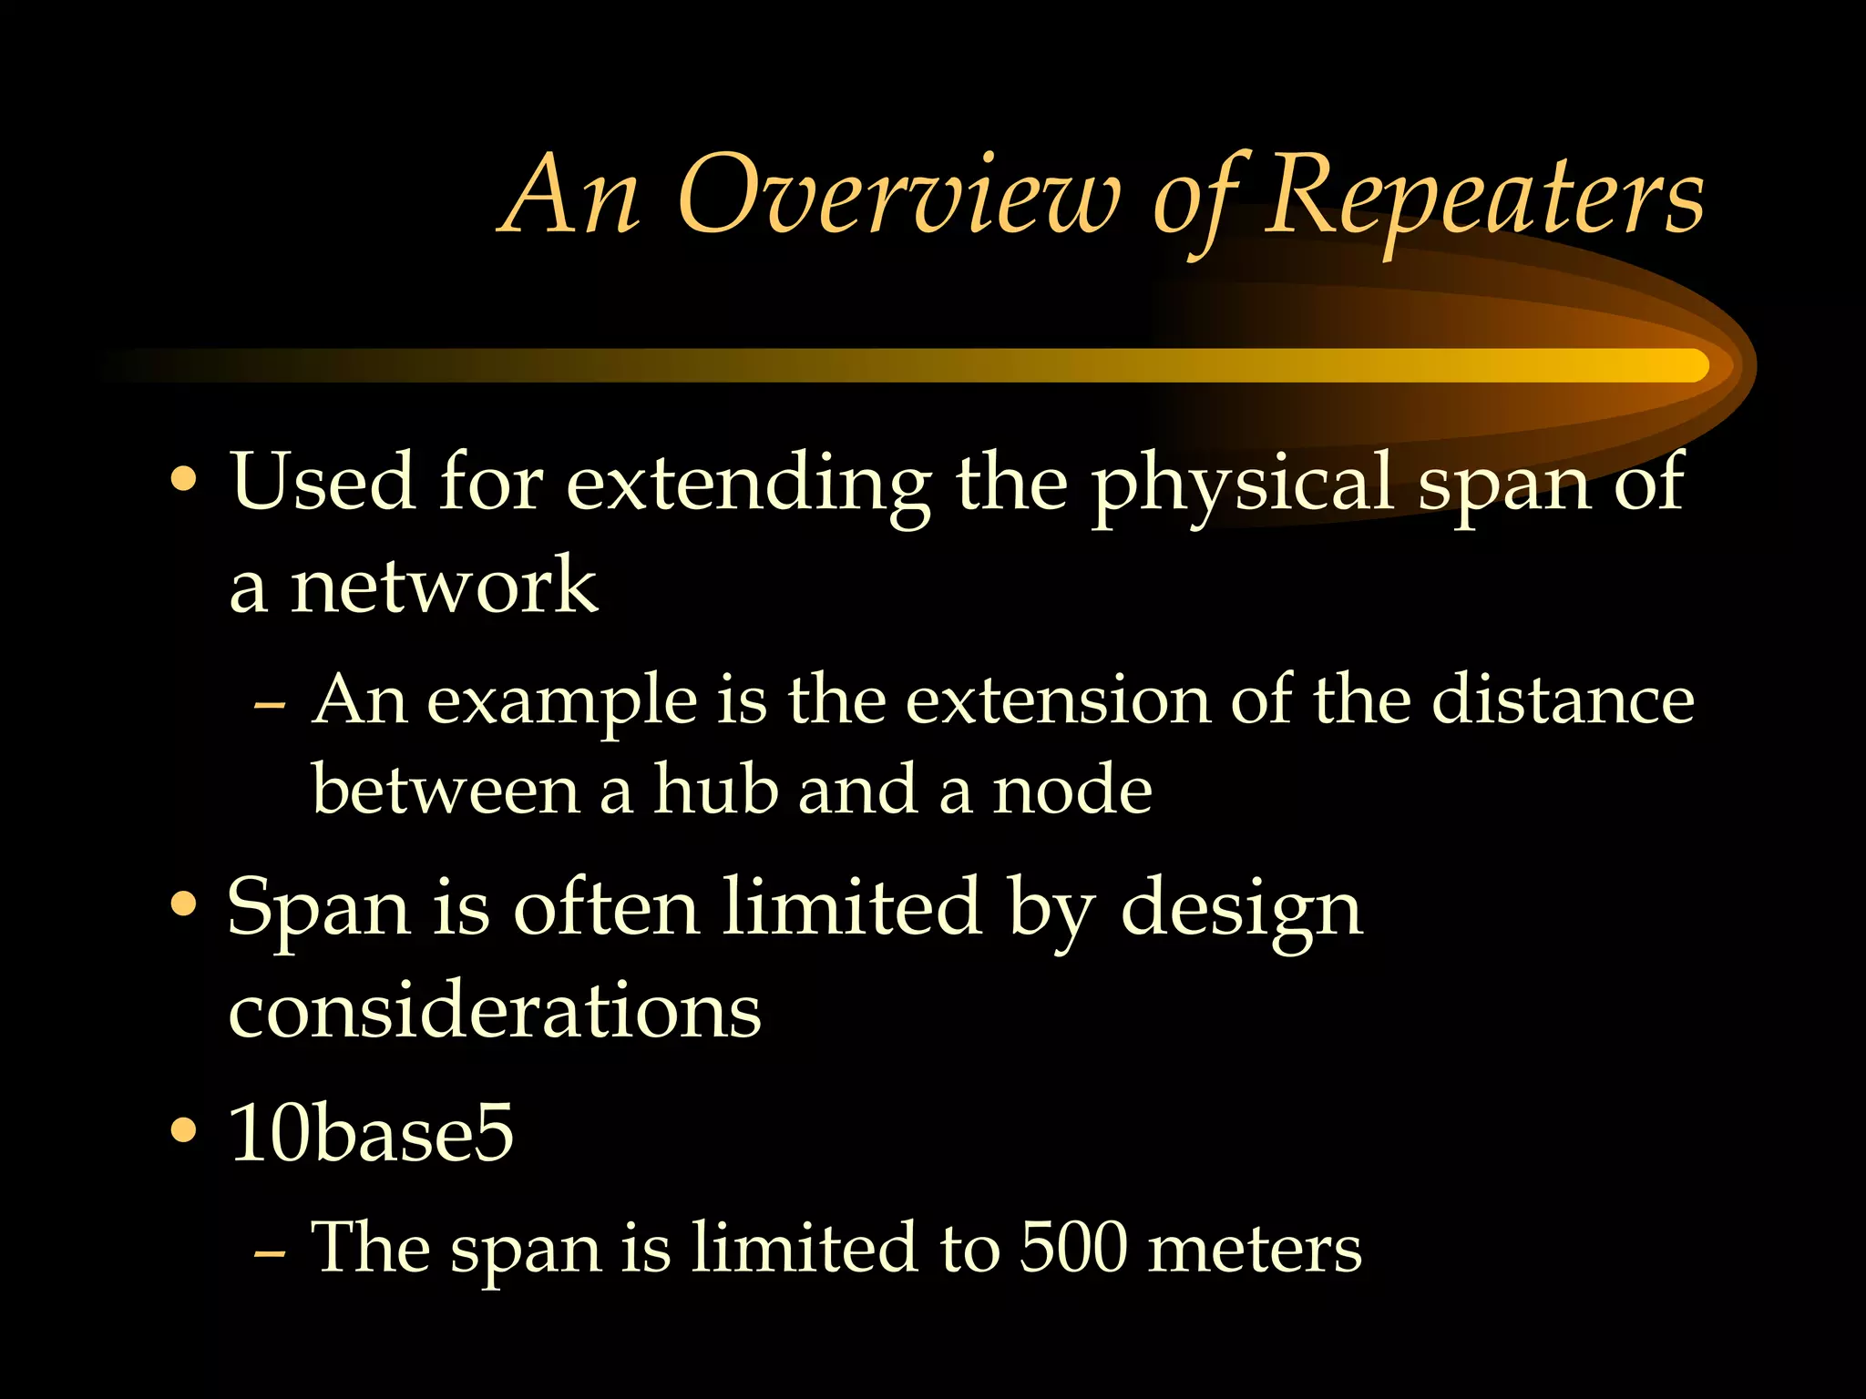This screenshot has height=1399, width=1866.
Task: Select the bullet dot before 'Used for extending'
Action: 184,480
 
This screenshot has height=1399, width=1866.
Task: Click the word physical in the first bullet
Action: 1243,485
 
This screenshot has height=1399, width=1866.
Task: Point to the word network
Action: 444,586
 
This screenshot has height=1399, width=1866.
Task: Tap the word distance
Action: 1563,701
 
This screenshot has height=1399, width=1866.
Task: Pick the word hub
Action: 715,790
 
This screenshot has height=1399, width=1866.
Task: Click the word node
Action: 1072,790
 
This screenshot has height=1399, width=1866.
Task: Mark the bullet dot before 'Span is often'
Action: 184,904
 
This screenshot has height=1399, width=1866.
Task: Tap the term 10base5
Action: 372,1132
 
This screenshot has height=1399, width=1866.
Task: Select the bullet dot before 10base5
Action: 184,1130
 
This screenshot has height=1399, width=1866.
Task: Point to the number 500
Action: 1073,1247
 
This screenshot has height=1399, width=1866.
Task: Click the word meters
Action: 1255,1249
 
